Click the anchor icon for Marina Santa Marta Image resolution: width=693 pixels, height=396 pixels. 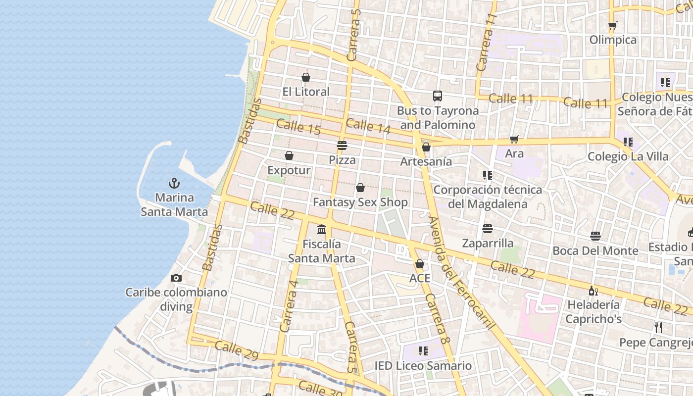tap(174, 183)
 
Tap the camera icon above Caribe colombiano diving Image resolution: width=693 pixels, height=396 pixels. tap(176, 278)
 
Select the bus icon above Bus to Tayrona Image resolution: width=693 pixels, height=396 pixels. tap(437, 96)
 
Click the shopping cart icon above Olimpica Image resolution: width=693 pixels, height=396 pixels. tap(613, 25)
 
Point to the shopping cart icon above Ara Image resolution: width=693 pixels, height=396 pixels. tap(514, 140)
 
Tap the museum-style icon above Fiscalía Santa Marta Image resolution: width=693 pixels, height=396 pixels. tap(322, 230)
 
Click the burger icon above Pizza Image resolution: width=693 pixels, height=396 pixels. tap(342, 146)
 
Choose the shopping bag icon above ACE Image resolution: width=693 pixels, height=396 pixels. tap(420, 264)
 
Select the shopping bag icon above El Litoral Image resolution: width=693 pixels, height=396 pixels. tap(306, 77)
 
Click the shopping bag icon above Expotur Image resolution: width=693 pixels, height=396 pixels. tap(289, 156)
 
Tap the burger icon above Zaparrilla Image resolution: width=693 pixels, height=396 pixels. tap(488, 229)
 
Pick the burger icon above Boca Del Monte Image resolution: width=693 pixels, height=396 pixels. tap(595, 236)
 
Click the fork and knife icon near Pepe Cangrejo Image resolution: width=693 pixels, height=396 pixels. tap(658, 328)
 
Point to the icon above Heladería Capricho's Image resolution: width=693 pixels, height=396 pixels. tap(593, 290)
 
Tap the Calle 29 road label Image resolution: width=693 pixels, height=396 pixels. tap(237, 349)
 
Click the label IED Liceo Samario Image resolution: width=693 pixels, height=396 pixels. tap(423, 366)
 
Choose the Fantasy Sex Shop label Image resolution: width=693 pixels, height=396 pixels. tap(360, 202)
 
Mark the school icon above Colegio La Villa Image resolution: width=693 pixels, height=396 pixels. tap(628, 142)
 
